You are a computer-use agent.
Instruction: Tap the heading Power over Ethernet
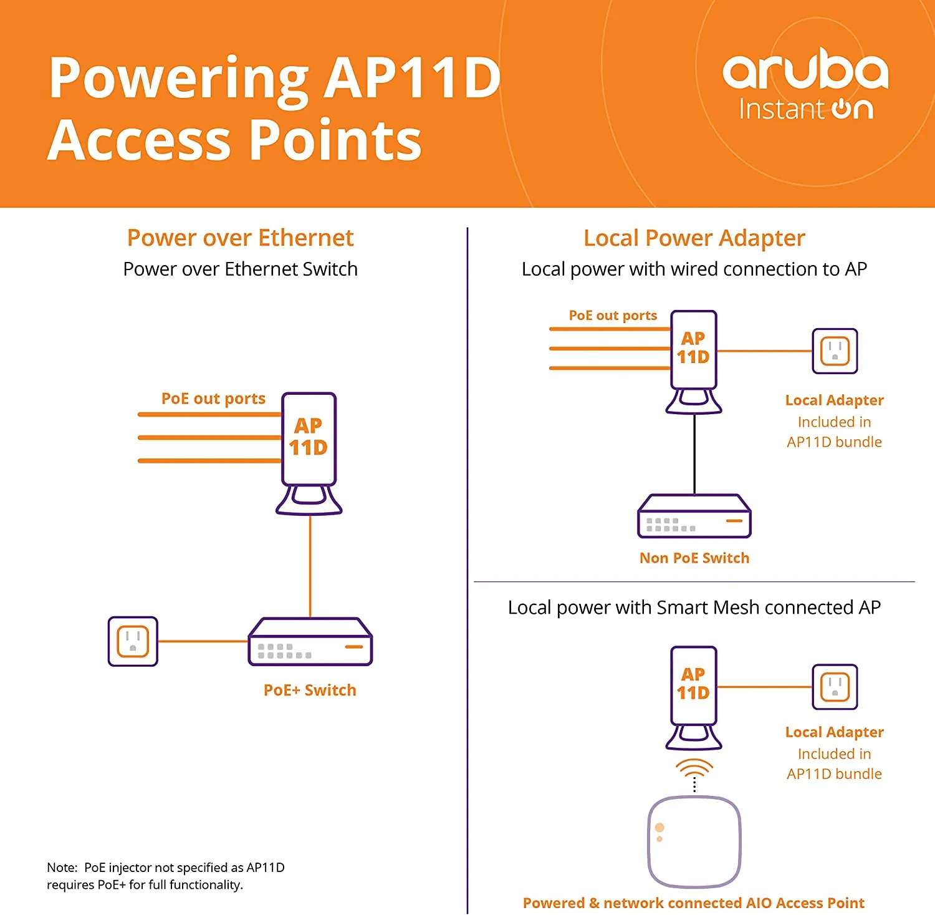(240, 238)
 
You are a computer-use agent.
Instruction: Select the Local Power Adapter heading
(694, 238)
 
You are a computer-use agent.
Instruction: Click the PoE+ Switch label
(310, 690)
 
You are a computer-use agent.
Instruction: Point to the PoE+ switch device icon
(310, 642)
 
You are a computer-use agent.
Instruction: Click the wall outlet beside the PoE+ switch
(133, 641)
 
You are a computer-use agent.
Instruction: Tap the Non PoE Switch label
(694, 558)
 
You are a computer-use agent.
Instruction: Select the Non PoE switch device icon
(694, 516)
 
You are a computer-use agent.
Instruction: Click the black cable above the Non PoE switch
(694, 454)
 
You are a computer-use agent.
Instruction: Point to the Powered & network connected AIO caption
(693, 903)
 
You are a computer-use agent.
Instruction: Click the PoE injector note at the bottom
(165, 876)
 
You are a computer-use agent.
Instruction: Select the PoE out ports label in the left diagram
(213, 399)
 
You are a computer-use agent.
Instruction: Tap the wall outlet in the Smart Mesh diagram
(835, 687)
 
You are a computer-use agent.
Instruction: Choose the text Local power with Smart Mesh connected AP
(694, 607)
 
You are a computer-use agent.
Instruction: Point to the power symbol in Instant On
(841, 109)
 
